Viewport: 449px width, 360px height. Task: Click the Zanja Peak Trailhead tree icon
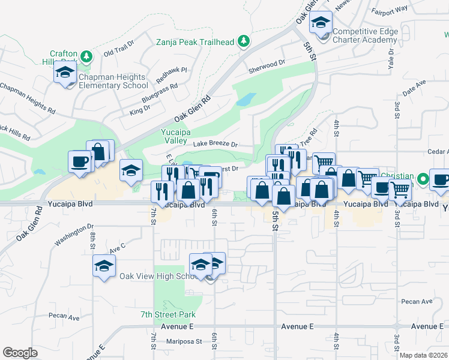(243, 41)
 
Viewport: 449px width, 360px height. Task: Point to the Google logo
(20, 352)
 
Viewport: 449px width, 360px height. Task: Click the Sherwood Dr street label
(267, 64)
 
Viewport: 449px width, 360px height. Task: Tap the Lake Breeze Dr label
(215, 145)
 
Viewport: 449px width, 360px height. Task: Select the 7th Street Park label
(168, 314)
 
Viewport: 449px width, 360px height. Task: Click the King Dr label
(139, 109)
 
